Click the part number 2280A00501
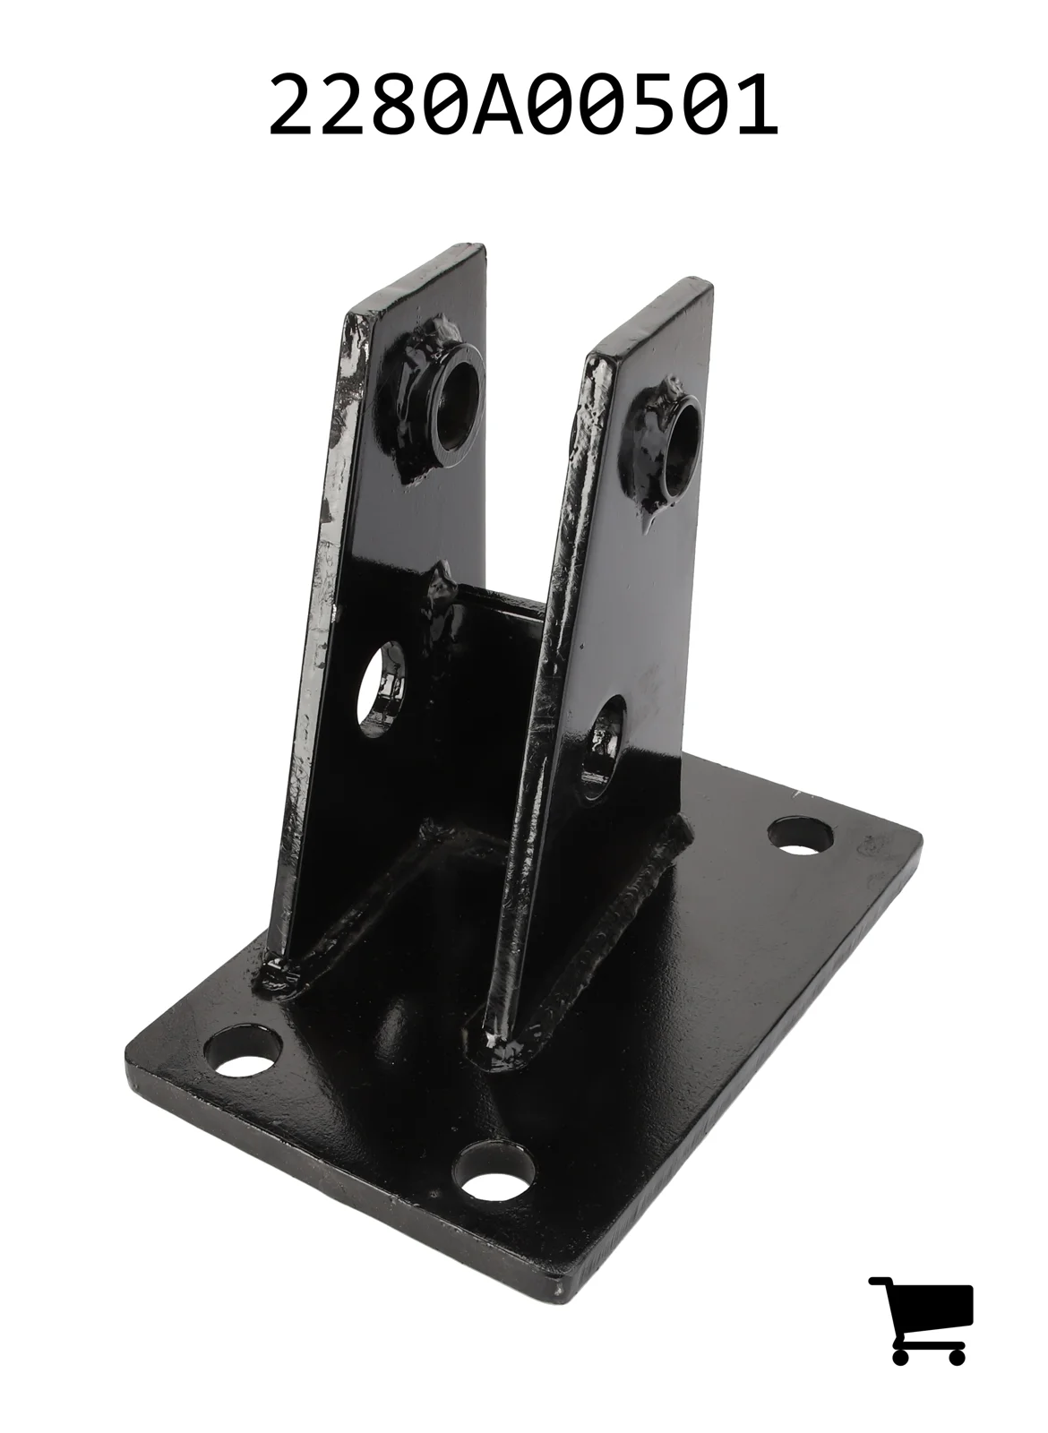tap(523, 104)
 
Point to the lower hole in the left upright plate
tap(382, 688)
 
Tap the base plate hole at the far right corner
tap(801, 836)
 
